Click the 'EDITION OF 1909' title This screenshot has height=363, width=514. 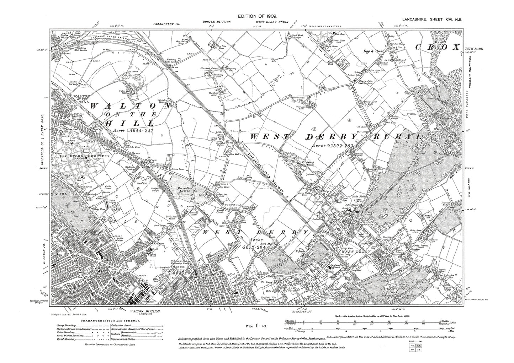click(258, 17)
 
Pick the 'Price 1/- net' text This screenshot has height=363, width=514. click(257, 325)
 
